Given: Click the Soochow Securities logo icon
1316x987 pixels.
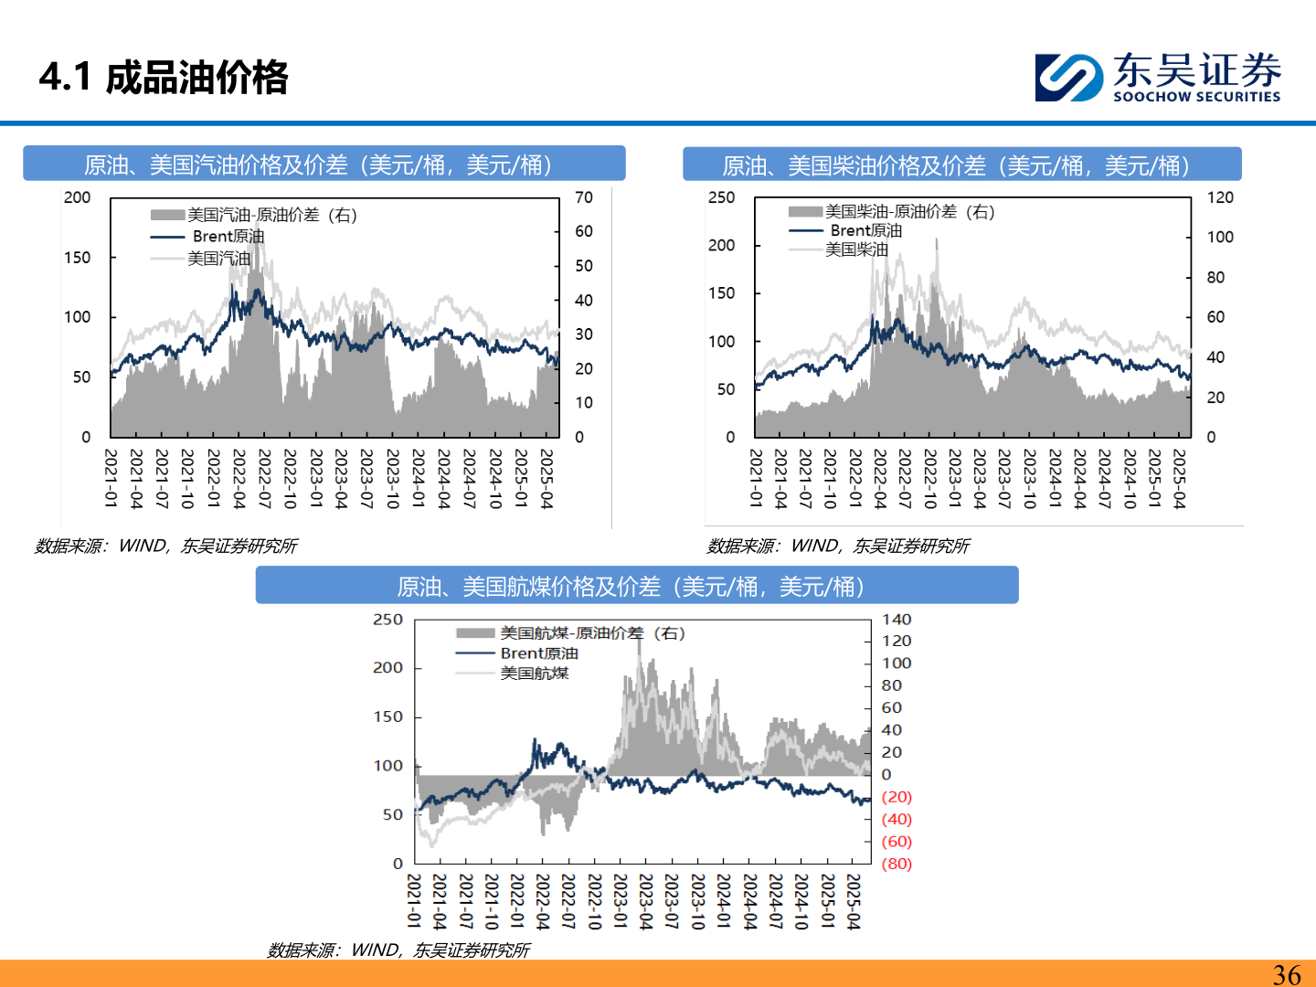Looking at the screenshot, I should (1067, 77).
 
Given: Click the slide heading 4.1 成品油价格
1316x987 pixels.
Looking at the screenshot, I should (164, 77).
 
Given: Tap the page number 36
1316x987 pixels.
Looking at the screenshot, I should (1286, 974).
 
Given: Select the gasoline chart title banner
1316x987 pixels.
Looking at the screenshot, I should (324, 164).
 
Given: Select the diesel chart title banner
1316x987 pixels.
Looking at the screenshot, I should (961, 165).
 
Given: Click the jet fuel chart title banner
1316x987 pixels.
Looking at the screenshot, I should (636, 586).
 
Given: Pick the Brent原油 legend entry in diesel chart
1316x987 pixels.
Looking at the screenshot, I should (865, 230).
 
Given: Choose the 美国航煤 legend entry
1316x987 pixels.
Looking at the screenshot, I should (534, 674).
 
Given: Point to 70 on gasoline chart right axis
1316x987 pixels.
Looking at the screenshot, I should (583, 197).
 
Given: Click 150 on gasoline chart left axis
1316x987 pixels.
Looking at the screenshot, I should (78, 258).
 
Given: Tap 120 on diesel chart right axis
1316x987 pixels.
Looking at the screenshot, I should (1220, 197).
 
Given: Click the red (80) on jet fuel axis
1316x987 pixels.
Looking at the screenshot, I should (896, 864).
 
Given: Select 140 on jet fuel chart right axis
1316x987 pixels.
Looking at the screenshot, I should (896, 620).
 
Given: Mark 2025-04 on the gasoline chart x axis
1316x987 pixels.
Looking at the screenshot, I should (547, 478).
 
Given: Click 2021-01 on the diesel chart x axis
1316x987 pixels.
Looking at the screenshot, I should (756, 478).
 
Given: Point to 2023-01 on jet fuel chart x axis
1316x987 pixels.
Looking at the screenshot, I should (620, 901).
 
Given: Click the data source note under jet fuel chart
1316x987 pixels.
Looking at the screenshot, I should (398, 950).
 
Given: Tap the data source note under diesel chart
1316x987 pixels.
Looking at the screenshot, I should (838, 546).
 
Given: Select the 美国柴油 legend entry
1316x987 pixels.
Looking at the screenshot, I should (855, 249).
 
